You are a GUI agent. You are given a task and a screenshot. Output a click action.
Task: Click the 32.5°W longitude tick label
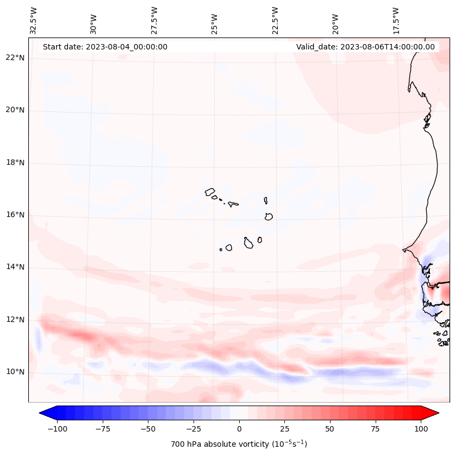(34, 20)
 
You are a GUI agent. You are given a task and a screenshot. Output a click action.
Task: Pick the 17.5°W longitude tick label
(396, 20)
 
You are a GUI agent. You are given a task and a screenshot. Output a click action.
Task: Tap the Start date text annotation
(105, 47)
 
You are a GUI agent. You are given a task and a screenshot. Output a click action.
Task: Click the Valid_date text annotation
(365, 47)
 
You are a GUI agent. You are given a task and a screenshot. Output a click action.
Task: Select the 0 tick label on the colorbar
(239, 429)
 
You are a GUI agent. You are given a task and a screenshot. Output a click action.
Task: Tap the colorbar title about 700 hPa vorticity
(239, 444)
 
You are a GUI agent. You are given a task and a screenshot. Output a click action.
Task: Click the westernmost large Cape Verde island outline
(210, 192)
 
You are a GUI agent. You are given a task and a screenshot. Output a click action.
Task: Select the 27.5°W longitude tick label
(154, 20)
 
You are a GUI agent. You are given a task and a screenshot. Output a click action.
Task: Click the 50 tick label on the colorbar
(330, 429)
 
